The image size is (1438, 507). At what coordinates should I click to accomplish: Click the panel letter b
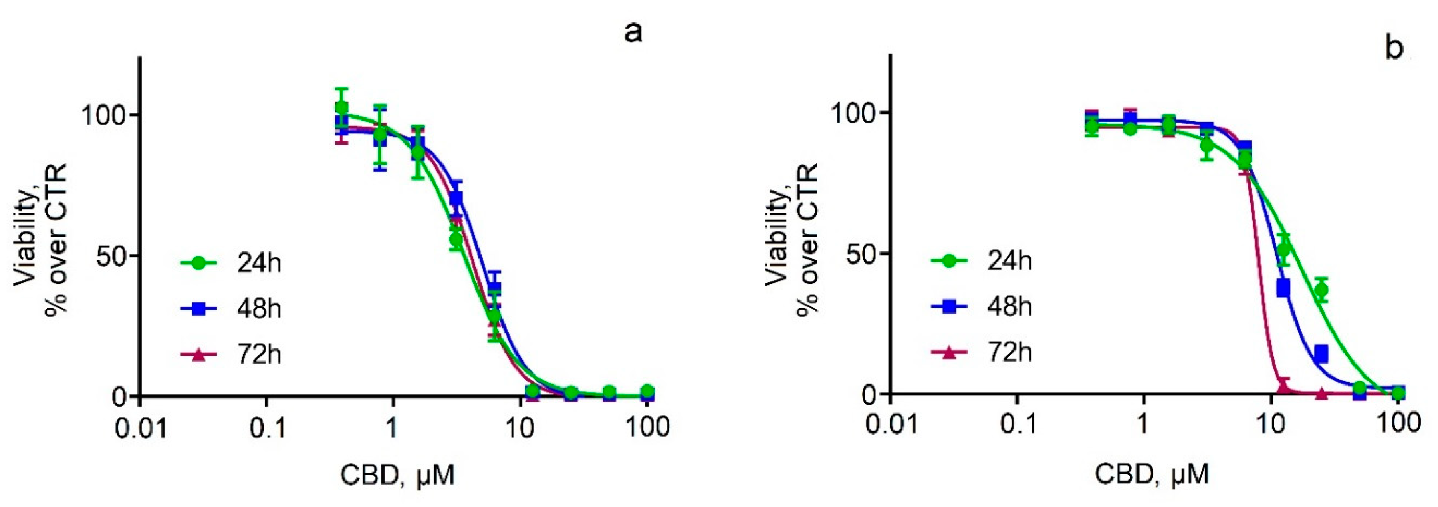coord(1394,48)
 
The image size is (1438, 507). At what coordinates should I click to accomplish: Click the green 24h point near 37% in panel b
coord(1321,290)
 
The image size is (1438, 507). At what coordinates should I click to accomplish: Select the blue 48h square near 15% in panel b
coord(1321,354)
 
